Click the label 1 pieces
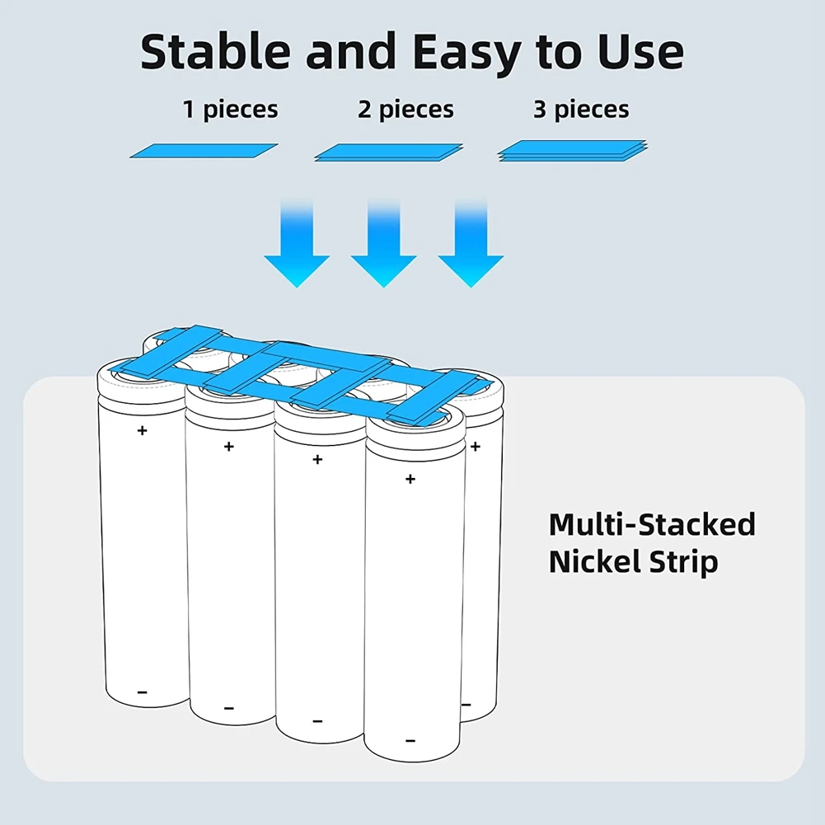[x=230, y=110]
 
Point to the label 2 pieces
[x=405, y=110]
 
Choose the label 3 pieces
[x=581, y=110]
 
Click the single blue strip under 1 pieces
[x=204, y=151]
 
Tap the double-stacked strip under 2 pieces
[x=389, y=152]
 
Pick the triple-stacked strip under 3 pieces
[x=574, y=152]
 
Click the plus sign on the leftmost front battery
[x=143, y=430]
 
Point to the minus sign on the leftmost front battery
[x=142, y=692]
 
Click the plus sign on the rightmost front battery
[x=410, y=479]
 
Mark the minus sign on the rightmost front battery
[x=410, y=740]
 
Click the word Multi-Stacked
[x=652, y=525]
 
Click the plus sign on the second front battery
[x=229, y=447]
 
